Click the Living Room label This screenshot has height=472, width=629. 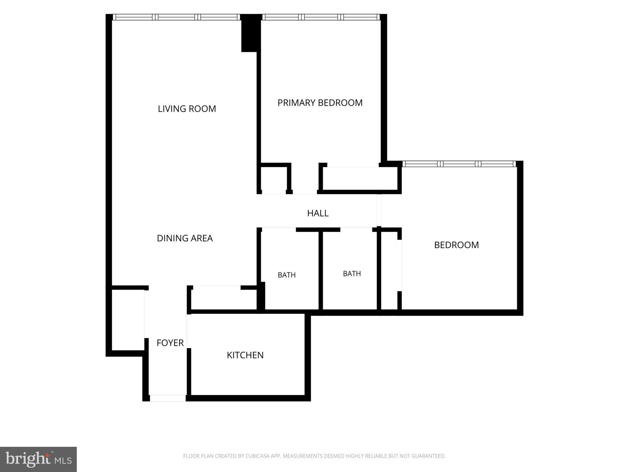click(x=187, y=109)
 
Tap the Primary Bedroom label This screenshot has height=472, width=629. click(x=320, y=103)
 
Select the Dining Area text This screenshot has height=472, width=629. click(x=185, y=238)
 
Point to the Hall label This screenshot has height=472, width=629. click(x=318, y=213)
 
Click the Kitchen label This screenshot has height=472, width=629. click(x=245, y=355)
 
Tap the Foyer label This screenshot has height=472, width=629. click(x=170, y=343)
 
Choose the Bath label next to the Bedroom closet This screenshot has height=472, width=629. click(x=352, y=274)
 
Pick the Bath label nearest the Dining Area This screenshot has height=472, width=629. click(x=287, y=275)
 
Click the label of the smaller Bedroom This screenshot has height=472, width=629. click(x=456, y=245)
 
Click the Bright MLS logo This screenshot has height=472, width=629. click(x=38, y=459)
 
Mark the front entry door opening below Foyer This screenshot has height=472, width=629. click(x=168, y=398)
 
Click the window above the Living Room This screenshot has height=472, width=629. click(x=176, y=17)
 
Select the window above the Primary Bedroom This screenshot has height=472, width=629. click(x=321, y=17)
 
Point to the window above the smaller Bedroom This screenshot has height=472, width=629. click(x=459, y=164)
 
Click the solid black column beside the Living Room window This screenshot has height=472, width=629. click(x=251, y=33)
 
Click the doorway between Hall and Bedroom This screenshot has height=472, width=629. click(x=379, y=211)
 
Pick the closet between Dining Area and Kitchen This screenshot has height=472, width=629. click(x=224, y=300)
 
